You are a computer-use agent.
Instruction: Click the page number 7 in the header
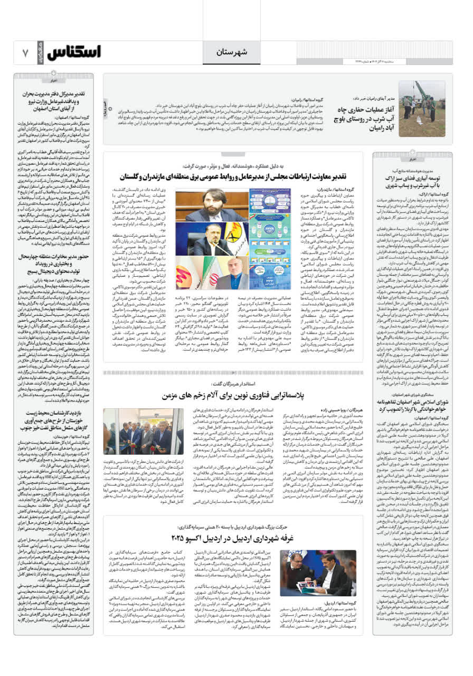[25, 53]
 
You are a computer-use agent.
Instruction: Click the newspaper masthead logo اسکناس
[74, 52]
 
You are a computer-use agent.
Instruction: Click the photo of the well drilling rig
[421, 102]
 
